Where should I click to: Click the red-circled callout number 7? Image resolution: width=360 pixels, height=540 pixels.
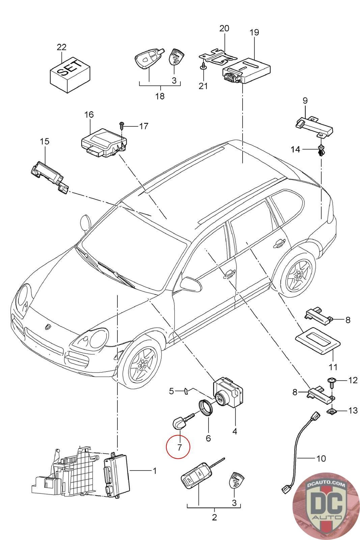(x=179, y=448)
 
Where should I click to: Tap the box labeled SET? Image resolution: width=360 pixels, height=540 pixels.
(x=70, y=75)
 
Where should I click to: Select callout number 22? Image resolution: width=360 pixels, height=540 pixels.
(x=61, y=47)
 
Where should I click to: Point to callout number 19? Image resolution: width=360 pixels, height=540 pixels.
(x=254, y=32)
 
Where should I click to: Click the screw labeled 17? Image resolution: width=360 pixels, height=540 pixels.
(x=122, y=126)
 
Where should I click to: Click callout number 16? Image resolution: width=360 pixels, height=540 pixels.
(x=89, y=114)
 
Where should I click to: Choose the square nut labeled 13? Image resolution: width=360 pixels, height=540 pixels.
(x=332, y=410)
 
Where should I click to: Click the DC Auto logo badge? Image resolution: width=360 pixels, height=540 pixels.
(x=326, y=507)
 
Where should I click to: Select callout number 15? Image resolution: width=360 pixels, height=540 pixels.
(x=45, y=141)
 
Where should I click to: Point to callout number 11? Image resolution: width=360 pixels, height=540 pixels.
(x=333, y=367)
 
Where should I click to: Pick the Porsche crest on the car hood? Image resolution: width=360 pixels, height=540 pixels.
(x=47, y=327)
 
